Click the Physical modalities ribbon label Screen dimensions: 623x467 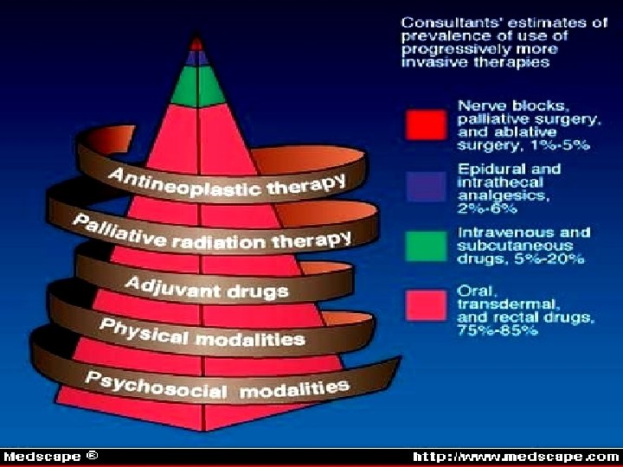point(201,332)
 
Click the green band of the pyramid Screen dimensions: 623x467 point(198,85)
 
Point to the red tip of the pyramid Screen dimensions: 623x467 point(198,41)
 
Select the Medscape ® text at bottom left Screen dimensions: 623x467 point(50,456)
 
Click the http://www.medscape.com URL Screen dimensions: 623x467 point(516,456)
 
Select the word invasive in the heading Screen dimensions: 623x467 point(431,62)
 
